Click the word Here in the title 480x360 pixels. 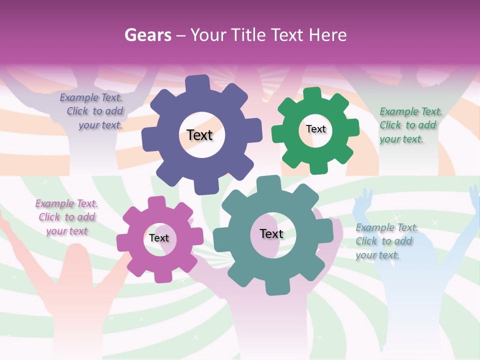(x=327, y=35)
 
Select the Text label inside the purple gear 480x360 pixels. (x=199, y=135)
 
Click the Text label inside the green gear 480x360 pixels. (x=315, y=129)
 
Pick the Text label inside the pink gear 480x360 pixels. (x=159, y=238)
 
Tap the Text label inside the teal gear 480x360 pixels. (x=271, y=233)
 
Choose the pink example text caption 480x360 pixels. (x=66, y=217)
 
